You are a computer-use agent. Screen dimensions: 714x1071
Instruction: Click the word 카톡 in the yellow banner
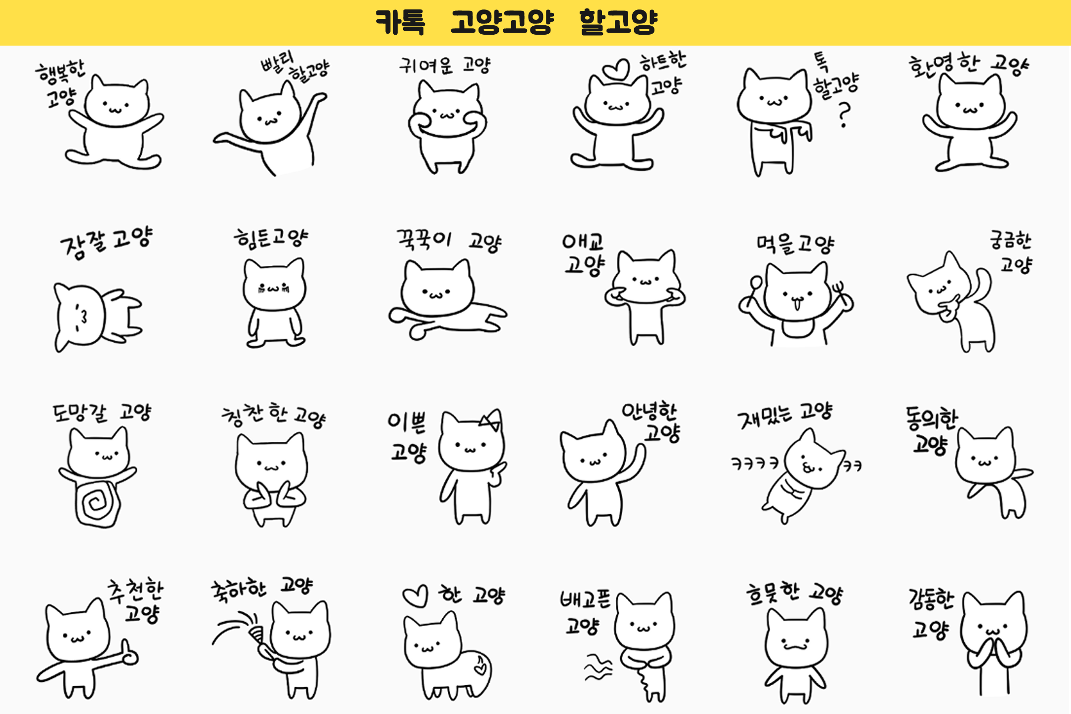tap(400, 22)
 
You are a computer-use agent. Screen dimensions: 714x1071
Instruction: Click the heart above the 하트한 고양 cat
tap(616, 69)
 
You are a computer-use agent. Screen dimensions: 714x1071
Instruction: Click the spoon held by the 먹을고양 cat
tap(756, 286)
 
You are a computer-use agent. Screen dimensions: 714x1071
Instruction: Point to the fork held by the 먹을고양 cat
tap(837, 290)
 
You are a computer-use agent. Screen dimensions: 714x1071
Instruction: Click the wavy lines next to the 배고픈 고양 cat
tap(598, 667)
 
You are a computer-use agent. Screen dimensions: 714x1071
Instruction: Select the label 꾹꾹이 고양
tap(448, 241)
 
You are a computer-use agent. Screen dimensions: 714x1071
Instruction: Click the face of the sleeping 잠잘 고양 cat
tap(79, 317)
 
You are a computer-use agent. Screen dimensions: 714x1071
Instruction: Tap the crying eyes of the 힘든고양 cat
tap(273, 288)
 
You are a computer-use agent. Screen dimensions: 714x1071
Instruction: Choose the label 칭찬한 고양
tap(273, 416)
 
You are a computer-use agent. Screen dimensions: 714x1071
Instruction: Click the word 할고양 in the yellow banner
tap(618, 22)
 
